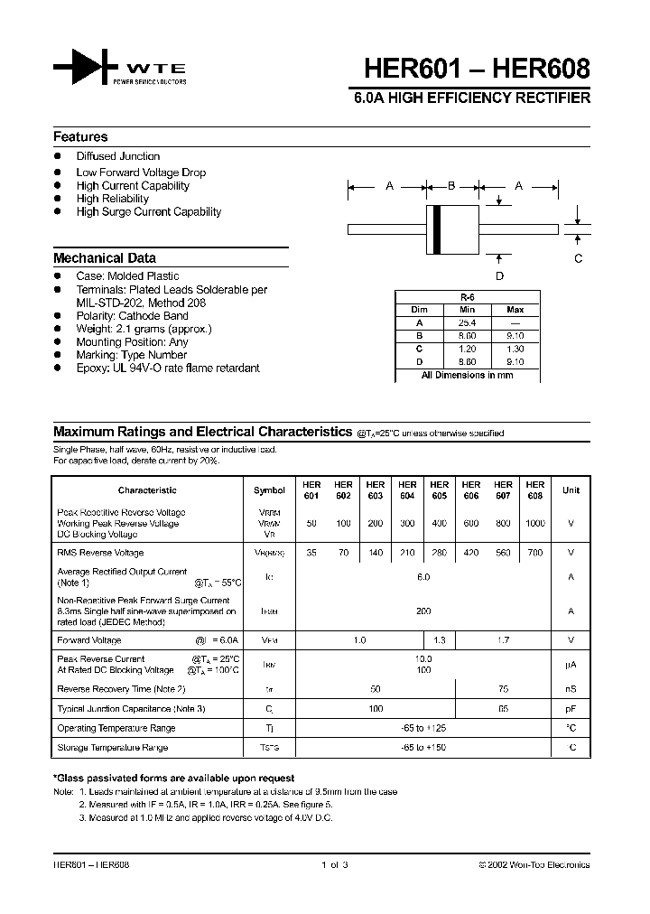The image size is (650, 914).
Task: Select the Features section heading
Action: point(80,137)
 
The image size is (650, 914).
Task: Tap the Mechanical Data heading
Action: point(105,257)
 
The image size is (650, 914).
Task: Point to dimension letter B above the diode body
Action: point(452,186)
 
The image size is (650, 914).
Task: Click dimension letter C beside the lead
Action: point(579,258)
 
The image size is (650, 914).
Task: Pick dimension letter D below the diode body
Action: point(499,276)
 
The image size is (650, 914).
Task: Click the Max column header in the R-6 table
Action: point(515,309)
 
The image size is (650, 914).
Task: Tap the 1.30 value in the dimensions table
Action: point(515,348)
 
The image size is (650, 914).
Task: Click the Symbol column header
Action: point(269,490)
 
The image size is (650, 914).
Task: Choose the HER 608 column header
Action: point(535,490)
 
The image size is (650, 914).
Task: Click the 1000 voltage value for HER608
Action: point(535,524)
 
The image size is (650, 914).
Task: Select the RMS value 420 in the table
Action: point(471,552)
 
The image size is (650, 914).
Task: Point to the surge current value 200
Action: point(424,611)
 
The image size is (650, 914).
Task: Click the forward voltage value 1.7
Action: point(503,639)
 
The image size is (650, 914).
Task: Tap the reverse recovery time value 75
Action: point(503,689)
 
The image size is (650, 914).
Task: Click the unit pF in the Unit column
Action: point(571,709)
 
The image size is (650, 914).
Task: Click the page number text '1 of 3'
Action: point(334,864)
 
